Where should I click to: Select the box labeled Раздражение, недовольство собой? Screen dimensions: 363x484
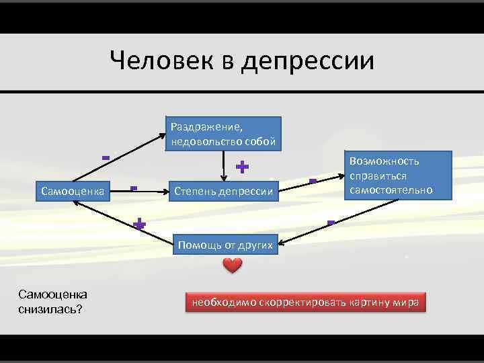(x=223, y=134)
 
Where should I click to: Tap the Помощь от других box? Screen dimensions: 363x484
(x=225, y=245)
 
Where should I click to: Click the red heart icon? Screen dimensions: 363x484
(x=232, y=266)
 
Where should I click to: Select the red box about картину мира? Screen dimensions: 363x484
(x=306, y=302)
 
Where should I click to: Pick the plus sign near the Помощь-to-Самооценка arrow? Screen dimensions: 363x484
(x=139, y=224)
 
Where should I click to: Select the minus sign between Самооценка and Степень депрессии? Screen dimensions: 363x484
(x=134, y=188)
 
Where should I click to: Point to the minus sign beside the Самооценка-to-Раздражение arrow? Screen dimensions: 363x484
(x=106, y=158)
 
